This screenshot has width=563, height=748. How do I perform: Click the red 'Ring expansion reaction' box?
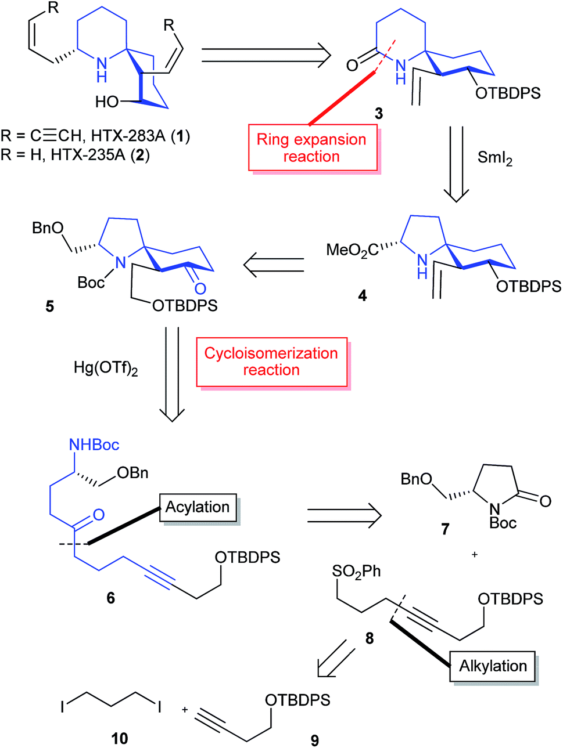[312, 148]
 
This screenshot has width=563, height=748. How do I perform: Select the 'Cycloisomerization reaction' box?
[271, 362]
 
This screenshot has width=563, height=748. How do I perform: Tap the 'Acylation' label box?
[198, 507]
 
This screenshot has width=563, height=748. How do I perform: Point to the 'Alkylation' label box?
[493, 666]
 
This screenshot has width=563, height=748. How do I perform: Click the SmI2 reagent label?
[494, 157]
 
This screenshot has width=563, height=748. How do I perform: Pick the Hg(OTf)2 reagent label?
[106, 368]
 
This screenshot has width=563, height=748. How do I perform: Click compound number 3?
[379, 114]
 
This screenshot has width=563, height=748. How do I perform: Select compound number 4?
[363, 296]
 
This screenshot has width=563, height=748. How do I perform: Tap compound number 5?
[50, 306]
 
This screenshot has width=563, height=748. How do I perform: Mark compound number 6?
[110, 597]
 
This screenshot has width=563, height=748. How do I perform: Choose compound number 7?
[445, 529]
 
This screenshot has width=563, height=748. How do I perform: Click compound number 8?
[370, 638]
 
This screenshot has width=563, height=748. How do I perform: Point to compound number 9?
[314, 740]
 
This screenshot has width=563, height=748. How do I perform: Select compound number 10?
[120, 738]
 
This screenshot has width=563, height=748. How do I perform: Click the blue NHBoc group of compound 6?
[94, 445]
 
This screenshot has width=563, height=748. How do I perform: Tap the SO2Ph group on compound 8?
[356, 572]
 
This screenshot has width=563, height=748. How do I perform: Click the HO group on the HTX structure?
[107, 103]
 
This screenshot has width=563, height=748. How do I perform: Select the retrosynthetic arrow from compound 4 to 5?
[273, 265]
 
